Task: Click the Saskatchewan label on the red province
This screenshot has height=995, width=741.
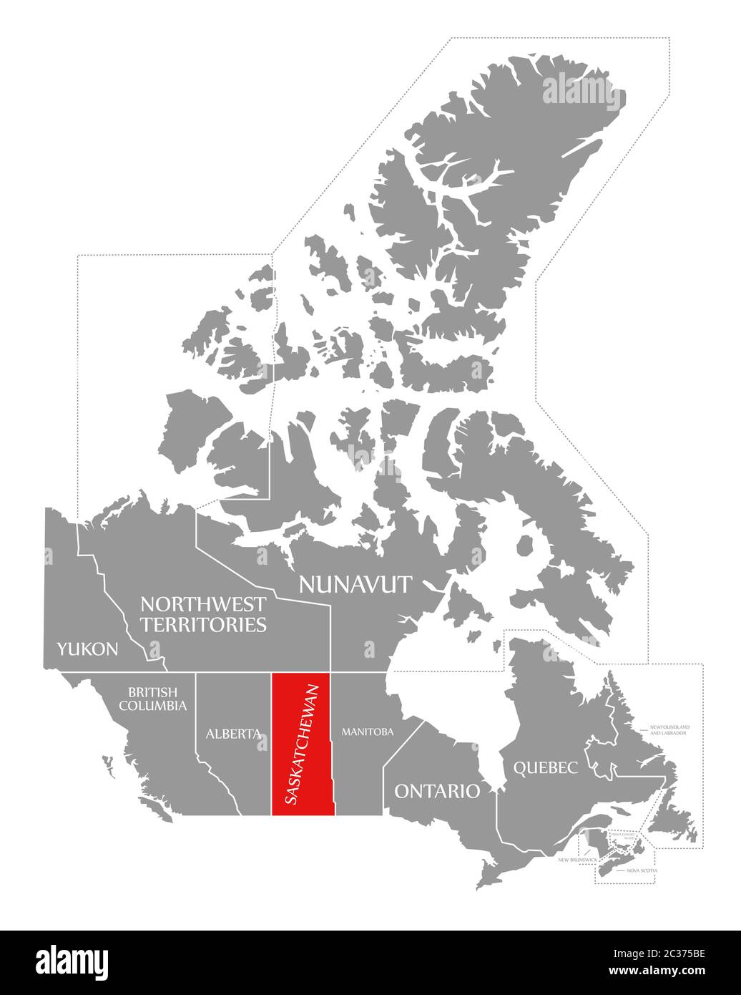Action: click(301, 744)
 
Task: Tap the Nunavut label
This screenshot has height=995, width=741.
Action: click(355, 584)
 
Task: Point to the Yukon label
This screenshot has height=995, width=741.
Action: click(87, 649)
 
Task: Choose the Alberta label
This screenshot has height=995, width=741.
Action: click(232, 734)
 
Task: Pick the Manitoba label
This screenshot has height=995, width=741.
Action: click(368, 732)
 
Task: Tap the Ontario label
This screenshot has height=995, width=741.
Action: click(437, 790)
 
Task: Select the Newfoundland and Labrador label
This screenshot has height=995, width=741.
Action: click(669, 729)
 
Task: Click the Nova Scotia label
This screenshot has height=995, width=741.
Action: click(642, 870)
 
